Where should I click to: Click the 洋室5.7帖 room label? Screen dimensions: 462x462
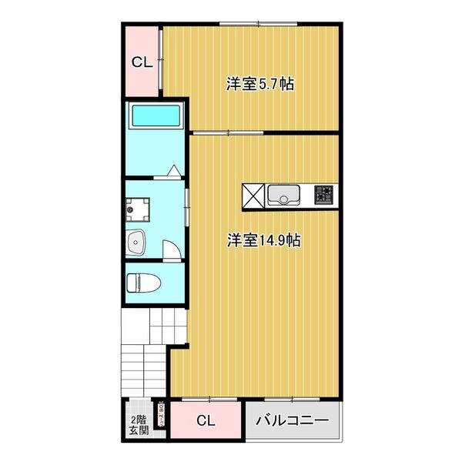click(x=259, y=83)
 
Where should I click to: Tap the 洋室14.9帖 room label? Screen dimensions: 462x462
click(x=263, y=240)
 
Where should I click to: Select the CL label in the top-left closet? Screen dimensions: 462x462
click(x=141, y=63)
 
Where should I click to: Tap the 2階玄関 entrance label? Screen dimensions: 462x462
click(x=139, y=425)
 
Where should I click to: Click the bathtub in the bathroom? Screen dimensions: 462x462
click(x=156, y=116)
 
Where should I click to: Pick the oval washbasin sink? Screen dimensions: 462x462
click(x=137, y=242)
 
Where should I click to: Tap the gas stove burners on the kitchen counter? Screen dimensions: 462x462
click(x=324, y=196)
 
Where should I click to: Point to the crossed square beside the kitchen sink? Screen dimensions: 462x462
click(x=254, y=196)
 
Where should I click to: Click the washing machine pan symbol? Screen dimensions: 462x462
click(x=140, y=206)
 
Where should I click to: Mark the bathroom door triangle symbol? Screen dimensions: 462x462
click(x=175, y=172)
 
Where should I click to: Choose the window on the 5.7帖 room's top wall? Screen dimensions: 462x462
click(x=258, y=24)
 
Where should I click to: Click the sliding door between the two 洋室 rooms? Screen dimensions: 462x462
click(x=227, y=133)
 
